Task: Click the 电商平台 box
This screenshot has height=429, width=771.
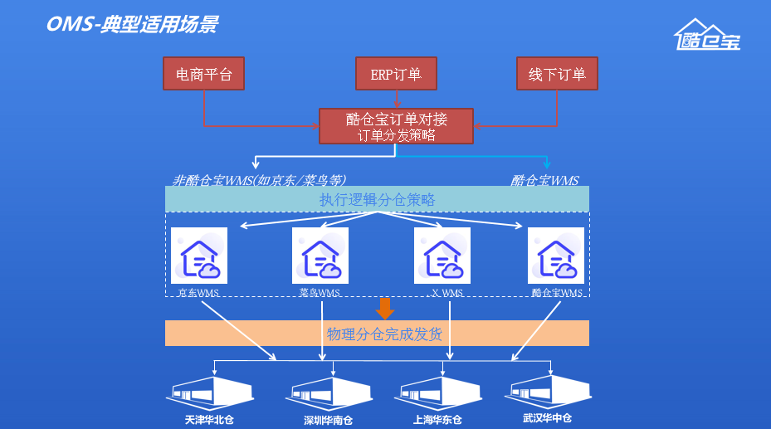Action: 204,74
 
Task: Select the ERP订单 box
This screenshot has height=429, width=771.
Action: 396,74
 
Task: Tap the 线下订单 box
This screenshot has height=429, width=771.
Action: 557,74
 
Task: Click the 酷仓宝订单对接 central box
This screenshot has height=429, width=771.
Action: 396,127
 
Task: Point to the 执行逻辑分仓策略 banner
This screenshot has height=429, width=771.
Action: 377,199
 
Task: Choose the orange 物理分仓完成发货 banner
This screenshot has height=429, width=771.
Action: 377,334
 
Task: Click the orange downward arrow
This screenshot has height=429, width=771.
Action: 384,309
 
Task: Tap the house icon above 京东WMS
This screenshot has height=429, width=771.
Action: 199,256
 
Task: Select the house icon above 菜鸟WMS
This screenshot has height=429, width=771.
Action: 320,256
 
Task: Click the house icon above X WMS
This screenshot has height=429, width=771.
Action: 442,256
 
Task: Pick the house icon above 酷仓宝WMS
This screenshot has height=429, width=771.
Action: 556,256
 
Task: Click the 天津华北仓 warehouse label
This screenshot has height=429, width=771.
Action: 209,419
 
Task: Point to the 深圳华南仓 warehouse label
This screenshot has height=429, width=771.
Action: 328,420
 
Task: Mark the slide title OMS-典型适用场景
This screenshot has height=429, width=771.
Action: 132,24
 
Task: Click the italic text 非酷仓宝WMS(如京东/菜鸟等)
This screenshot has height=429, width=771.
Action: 259,180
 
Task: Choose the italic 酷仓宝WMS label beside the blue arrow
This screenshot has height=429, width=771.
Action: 544,180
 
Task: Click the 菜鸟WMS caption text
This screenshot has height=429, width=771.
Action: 320,293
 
